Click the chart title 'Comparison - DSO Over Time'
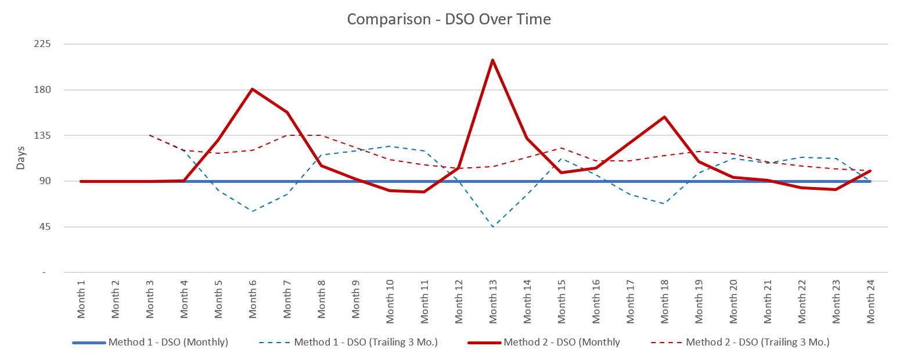pos(449,19)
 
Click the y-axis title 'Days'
pos(21,158)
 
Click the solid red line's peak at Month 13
pos(493,60)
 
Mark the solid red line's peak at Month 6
pos(253,89)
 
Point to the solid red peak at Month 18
pos(664,117)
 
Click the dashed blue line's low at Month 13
pos(493,226)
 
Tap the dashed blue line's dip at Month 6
pos(253,211)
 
